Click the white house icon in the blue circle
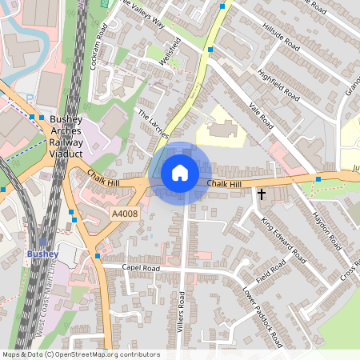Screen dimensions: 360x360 click(180, 173)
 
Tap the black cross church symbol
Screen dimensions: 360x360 click(261, 194)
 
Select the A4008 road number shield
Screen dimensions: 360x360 click(125, 214)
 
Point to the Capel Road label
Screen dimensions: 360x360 click(141, 267)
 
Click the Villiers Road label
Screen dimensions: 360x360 click(182, 311)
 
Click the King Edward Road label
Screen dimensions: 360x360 click(284, 240)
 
